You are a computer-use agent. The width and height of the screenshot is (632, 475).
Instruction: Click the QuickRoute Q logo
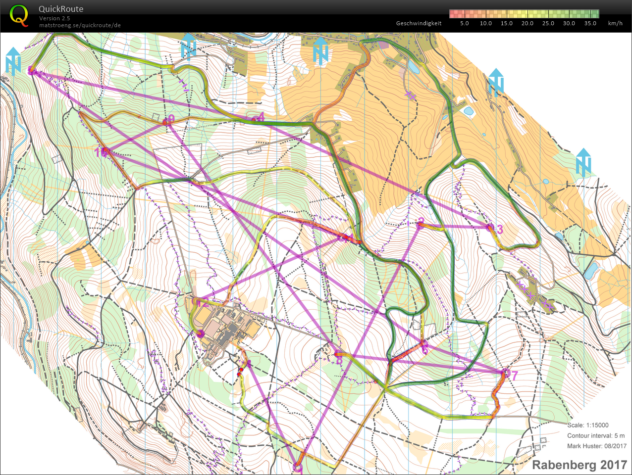(19, 15)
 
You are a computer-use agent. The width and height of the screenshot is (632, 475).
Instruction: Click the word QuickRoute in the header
(61, 9)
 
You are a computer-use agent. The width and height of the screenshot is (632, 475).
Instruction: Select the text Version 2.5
(54, 18)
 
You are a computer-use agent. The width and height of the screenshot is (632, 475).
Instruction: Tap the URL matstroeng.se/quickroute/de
(80, 25)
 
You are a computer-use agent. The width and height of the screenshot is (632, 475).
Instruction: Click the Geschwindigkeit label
(419, 23)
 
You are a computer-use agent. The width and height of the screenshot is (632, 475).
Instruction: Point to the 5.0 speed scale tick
(464, 23)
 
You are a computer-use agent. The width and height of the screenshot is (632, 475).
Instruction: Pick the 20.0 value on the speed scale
(527, 23)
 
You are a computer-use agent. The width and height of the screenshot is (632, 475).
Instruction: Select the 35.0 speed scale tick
(590, 23)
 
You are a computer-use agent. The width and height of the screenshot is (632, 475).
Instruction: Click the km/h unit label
(615, 23)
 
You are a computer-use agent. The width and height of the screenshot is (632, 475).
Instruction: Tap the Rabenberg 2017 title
(579, 465)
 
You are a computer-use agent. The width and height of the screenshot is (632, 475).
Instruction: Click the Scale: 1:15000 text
(588, 425)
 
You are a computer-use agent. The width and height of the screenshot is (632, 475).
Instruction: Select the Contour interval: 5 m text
(596, 435)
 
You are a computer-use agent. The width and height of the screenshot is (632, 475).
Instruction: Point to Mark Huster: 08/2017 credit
(596, 446)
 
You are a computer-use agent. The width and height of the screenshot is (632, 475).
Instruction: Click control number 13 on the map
(499, 229)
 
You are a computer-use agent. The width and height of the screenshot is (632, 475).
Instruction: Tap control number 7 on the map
(514, 376)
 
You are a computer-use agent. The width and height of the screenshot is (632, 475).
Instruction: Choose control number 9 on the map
(171, 118)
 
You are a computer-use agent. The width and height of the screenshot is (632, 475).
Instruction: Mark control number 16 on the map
(101, 152)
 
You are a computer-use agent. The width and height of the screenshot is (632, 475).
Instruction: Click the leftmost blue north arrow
(13, 61)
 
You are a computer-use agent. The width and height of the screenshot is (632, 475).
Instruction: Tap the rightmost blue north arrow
(583, 162)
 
